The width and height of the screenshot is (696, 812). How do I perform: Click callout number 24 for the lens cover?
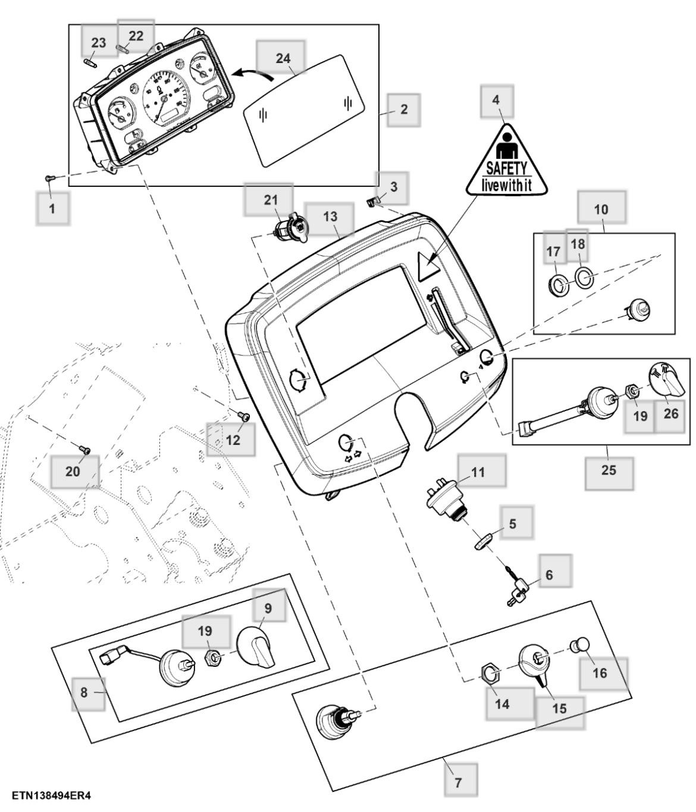point(283,58)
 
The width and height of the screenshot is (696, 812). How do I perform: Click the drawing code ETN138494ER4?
point(51,795)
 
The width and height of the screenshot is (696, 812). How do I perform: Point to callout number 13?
point(330,217)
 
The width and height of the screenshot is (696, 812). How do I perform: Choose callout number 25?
point(609,470)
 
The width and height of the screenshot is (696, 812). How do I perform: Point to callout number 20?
point(73,471)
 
